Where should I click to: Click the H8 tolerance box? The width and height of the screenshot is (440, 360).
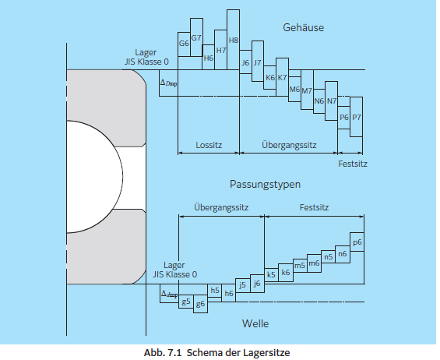[233, 39]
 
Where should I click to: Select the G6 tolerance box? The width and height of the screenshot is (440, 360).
[184, 44]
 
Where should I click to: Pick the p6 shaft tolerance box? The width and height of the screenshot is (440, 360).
[357, 242]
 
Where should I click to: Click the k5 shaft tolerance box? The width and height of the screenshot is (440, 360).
[271, 274]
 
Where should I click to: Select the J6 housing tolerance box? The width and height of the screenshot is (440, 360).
[245, 62]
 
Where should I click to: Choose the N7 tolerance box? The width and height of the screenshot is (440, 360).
[331, 101]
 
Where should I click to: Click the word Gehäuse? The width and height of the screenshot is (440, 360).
[303, 28]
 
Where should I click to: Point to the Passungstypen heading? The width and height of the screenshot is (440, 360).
[265, 185]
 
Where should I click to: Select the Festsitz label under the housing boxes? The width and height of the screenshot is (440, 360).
[353, 164]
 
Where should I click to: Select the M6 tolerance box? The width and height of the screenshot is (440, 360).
[294, 89]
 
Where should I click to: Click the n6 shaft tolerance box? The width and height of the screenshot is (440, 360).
[342, 253]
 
